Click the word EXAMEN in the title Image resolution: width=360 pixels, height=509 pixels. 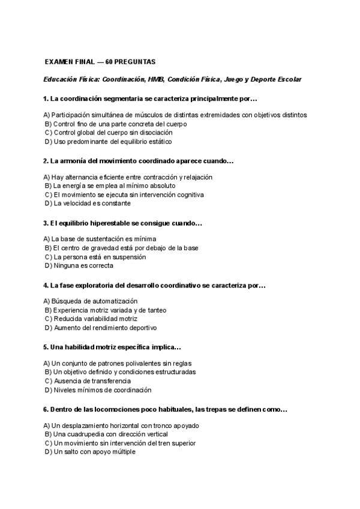(59, 62)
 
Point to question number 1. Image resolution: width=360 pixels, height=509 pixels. (46, 98)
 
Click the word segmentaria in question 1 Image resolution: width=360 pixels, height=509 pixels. (118, 98)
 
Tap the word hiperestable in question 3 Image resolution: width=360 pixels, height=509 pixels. (103, 223)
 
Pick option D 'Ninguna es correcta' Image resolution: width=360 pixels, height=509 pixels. (74, 265)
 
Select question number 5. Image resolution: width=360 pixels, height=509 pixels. (46, 348)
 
